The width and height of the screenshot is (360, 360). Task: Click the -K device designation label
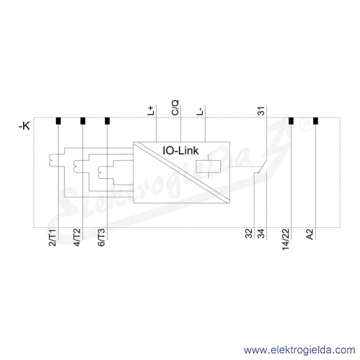(x=24, y=127)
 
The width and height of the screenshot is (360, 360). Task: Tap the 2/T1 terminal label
(x=52, y=238)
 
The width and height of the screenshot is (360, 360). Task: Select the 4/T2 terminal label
(x=77, y=238)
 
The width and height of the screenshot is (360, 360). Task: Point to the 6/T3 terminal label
(x=101, y=238)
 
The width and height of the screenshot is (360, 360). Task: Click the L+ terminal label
(x=151, y=110)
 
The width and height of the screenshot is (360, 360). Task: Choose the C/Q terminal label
(x=175, y=108)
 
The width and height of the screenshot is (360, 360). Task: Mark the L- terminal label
(x=200, y=111)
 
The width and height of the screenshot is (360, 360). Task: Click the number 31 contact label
(x=261, y=111)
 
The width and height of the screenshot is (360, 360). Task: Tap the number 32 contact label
(x=249, y=233)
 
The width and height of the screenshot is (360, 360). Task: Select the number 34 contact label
(x=261, y=233)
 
